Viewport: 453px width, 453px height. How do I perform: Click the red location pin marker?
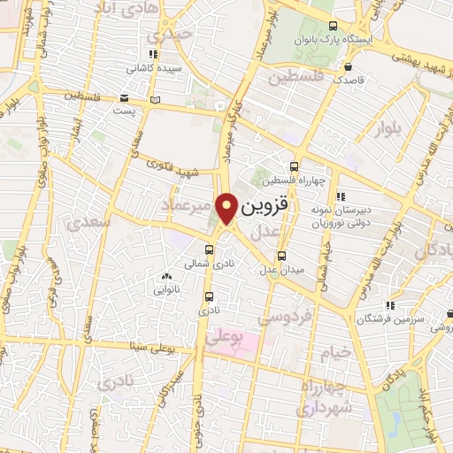(x=227, y=208)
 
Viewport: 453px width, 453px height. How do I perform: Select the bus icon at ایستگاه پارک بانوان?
(x=332, y=27)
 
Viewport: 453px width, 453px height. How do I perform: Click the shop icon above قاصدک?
(x=349, y=66)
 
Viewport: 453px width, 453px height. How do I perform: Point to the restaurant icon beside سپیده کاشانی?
(x=153, y=53)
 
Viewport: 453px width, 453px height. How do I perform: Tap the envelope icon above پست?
(x=125, y=97)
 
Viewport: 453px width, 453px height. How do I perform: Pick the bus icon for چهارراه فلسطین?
(x=294, y=166)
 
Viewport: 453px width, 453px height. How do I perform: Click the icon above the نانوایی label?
(x=166, y=277)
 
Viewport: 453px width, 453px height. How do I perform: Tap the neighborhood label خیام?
(x=335, y=352)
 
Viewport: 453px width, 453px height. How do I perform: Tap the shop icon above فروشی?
(x=451, y=313)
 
